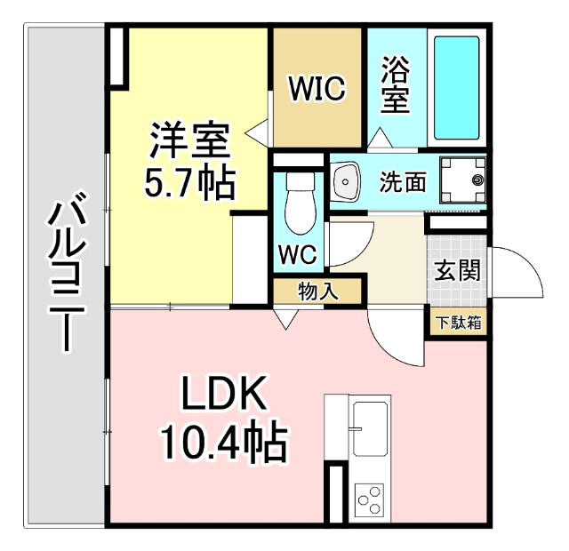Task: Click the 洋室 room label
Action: pos(189,140)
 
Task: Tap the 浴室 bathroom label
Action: pos(396,85)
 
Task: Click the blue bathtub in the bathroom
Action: pos(457,88)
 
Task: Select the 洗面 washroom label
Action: pos(403,182)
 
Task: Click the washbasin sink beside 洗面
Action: pos(346,181)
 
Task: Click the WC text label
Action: pos(298,254)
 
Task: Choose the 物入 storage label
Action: pos(317,291)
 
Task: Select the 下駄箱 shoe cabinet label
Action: pos(459,321)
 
